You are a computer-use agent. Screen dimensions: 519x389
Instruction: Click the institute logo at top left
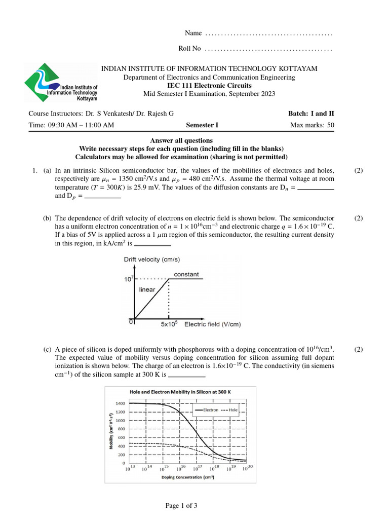pos(60,83)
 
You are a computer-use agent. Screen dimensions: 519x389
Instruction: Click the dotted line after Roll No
pos(268,50)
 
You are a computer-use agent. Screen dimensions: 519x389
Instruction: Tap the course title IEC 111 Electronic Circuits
pos(210,86)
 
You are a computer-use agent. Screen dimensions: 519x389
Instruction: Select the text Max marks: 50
pos(312,126)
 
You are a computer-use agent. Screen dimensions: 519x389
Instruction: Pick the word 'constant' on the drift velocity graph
pos(186,274)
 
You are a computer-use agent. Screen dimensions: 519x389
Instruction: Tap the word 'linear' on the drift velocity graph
pos(147,290)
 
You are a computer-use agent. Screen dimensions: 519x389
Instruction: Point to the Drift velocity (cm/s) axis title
pos(150,259)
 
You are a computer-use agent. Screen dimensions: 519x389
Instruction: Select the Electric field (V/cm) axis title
pos(208,324)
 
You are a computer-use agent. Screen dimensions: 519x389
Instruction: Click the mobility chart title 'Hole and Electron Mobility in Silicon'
pos(180,392)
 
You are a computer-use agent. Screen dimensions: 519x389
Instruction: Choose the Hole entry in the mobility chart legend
pos(230,409)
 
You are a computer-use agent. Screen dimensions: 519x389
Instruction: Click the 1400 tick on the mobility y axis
pos(120,403)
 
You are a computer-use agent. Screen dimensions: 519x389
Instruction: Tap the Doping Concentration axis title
pos(187,477)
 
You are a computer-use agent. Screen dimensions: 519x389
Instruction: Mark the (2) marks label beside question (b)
pos(359,218)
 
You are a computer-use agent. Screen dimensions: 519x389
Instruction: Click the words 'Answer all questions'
pos(181,140)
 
